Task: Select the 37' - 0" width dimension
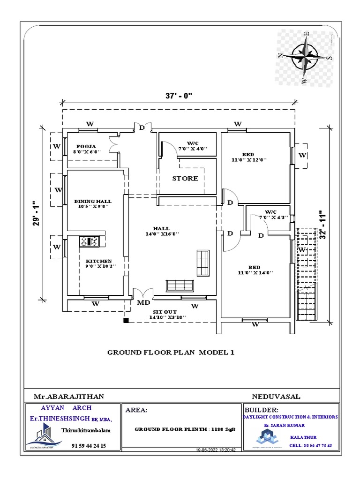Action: click(179, 95)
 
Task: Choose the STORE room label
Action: click(185, 179)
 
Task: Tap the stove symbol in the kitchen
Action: click(89, 241)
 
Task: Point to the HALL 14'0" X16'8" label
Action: click(161, 231)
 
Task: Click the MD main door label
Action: click(143, 303)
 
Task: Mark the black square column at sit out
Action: click(126, 321)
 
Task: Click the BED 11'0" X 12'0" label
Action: click(248, 157)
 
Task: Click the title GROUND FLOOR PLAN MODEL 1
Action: click(170, 352)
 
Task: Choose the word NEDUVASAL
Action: click(276, 396)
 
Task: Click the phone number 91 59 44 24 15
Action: click(89, 446)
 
